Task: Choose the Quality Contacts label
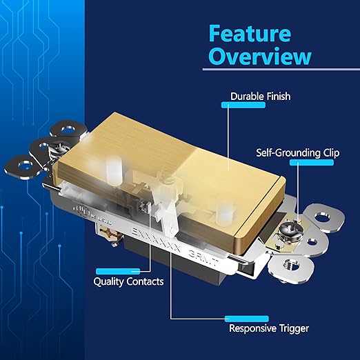pos(128,281)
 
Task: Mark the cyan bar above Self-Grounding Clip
pos(312,162)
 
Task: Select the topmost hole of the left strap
pos(68,129)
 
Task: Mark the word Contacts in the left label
pos(144,281)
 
